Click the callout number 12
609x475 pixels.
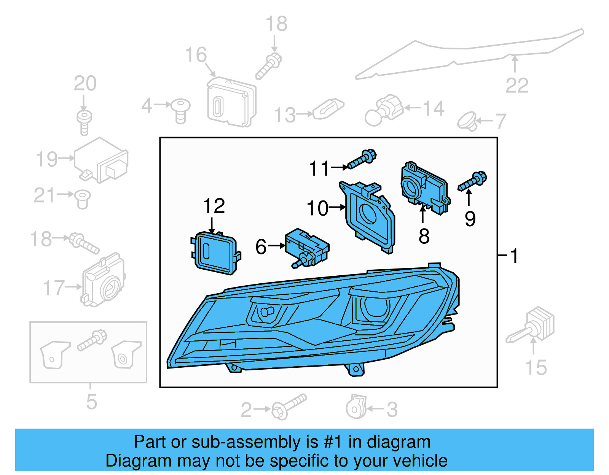pos(214,206)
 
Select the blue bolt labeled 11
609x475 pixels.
pos(362,160)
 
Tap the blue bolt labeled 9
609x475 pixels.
pos(472,181)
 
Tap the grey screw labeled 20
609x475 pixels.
pos(84,122)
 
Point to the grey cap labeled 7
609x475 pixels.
pos(467,121)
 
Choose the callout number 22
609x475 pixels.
pos(517,86)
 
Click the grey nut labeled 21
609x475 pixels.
pos(82,199)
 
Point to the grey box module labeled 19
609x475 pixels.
pos(101,160)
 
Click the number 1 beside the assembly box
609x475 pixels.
pos(514,256)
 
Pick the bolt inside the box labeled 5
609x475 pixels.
pos(92,340)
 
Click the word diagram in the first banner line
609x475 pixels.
pos(398,442)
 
